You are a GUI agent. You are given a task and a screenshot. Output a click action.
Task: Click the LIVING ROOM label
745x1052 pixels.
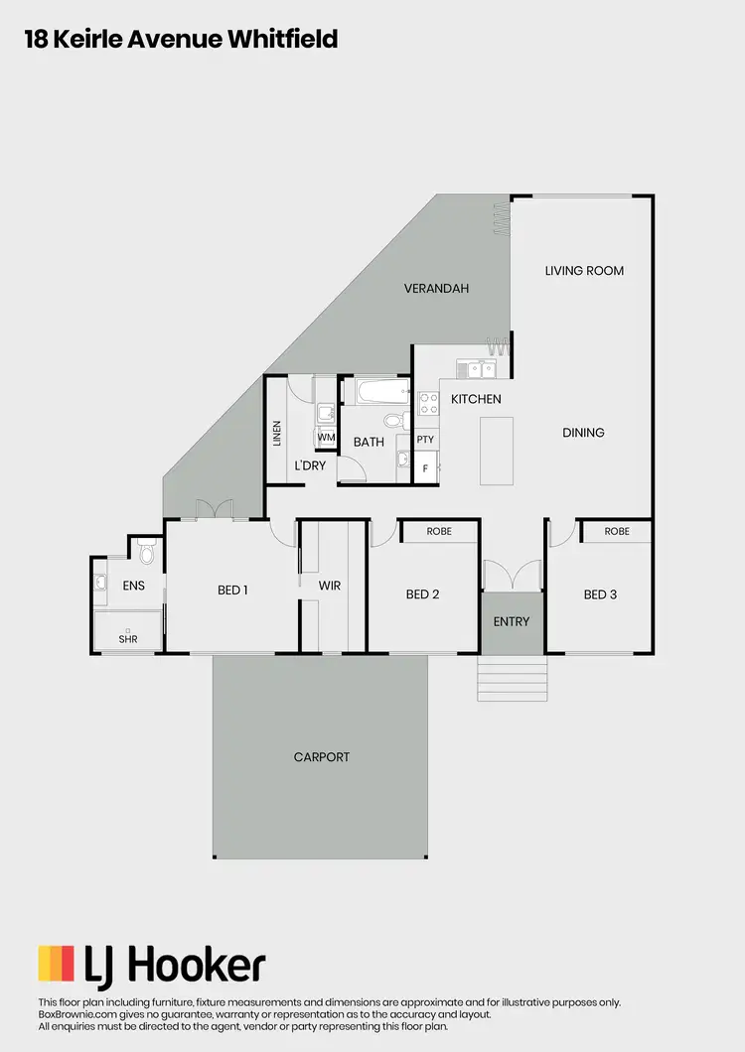coord(584,270)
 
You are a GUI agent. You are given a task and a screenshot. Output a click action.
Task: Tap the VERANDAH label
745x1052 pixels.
coord(436,289)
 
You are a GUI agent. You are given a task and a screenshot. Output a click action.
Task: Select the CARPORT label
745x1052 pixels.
coord(322,757)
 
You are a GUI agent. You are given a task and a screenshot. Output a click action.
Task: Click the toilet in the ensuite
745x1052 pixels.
coord(147,551)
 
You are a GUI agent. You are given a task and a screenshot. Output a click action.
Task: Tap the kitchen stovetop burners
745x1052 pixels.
coord(429,403)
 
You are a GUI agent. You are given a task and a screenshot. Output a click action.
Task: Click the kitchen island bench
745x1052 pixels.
coord(497,451)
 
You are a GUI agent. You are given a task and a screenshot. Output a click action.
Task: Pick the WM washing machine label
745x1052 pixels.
coord(326,437)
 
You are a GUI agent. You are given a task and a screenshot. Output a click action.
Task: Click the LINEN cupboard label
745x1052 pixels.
coord(277,433)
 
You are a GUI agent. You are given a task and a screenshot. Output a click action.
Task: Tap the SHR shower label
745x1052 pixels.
coord(128,639)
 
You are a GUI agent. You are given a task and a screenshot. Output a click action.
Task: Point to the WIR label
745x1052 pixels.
coord(330,587)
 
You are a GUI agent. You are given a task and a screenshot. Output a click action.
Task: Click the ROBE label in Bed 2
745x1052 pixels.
coord(439,532)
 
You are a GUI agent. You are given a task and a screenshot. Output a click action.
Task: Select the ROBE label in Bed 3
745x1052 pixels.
coord(617,532)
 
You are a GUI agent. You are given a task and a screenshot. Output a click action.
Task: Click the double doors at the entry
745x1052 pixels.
coord(513,577)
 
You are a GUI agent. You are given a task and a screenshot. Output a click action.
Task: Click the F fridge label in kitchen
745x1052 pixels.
coord(425,467)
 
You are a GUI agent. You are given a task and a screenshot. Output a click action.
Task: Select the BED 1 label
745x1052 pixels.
coord(232,591)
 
